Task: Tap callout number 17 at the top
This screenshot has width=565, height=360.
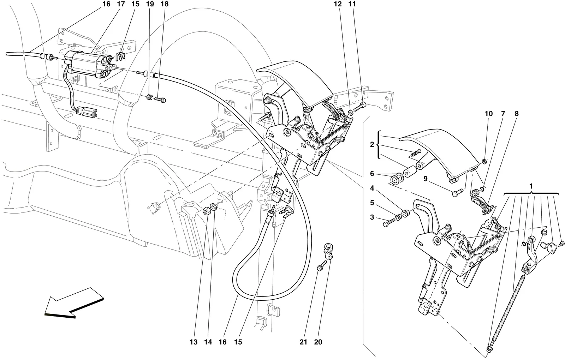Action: point(121,4)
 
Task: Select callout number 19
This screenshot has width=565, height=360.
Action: point(150,4)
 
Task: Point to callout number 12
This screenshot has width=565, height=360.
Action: point(338,4)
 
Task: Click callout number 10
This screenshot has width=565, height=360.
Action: point(489,114)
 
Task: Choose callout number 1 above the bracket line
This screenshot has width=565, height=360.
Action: point(531,187)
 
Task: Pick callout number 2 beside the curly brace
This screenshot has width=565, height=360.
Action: point(372,144)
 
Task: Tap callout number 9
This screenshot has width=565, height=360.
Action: point(426,179)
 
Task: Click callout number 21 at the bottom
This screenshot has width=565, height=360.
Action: point(303,342)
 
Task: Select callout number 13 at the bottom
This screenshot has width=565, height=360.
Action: point(194,342)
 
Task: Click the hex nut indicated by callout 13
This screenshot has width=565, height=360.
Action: point(207,210)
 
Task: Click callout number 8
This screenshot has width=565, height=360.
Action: point(516,114)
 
